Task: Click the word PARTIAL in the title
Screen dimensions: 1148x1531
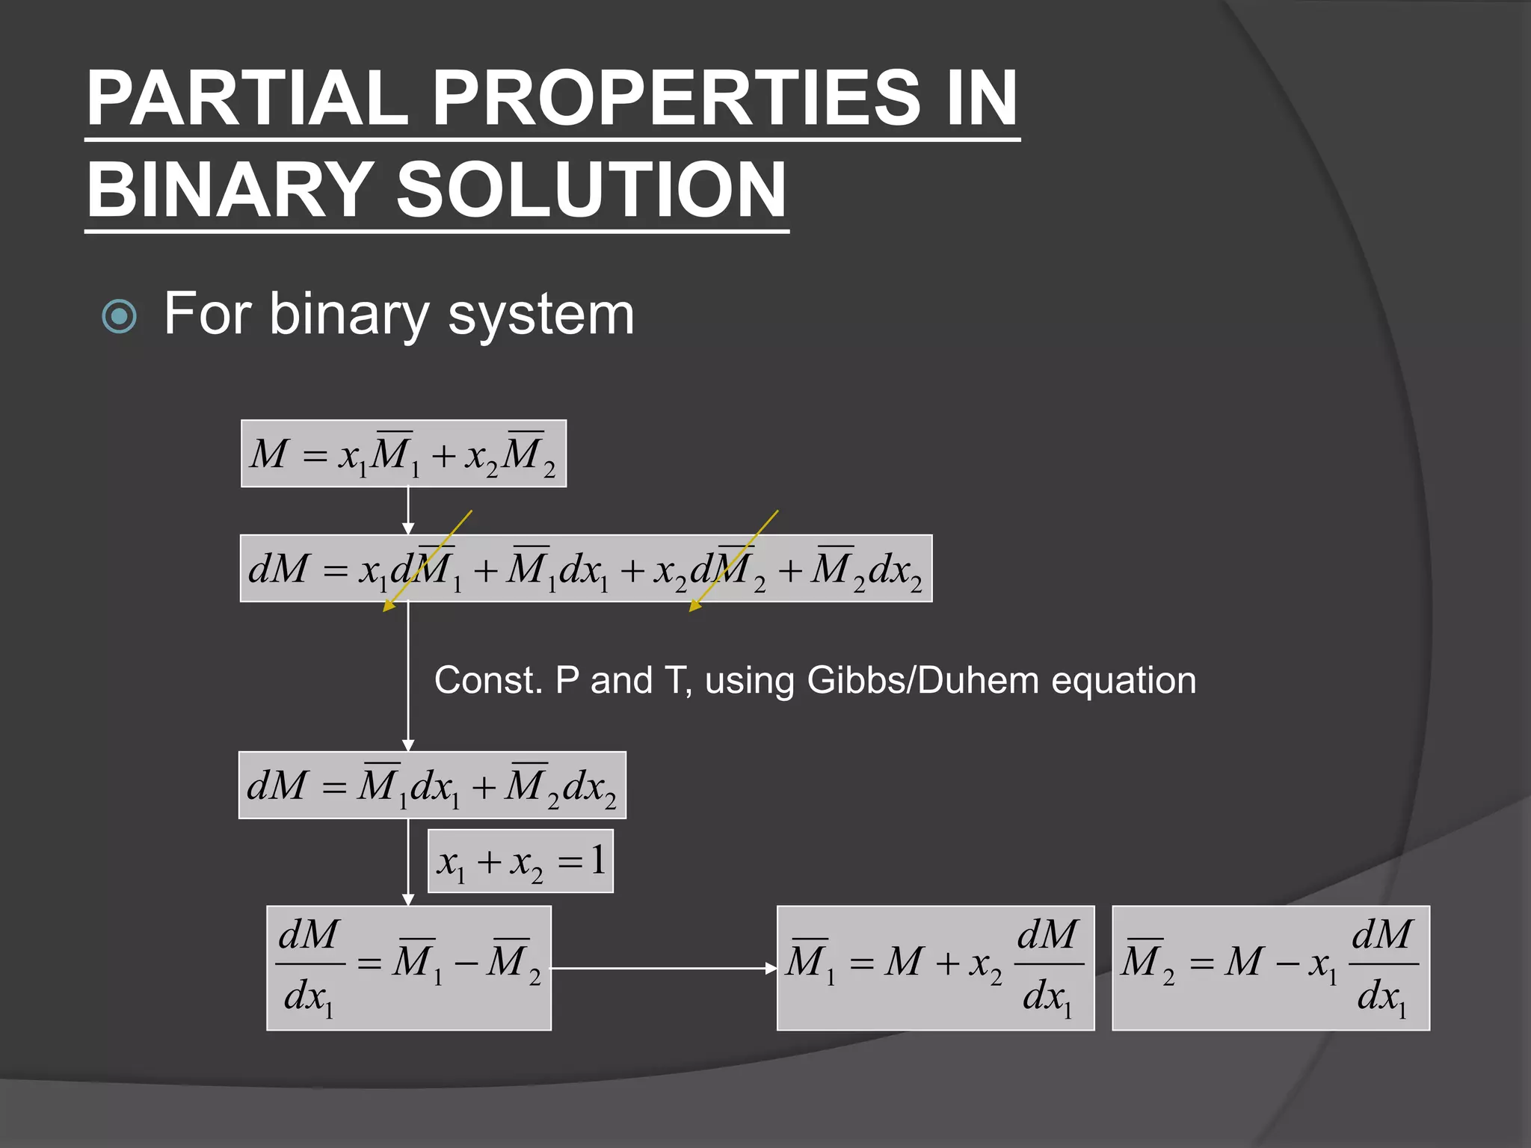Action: pyautogui.click(x=247, y=98)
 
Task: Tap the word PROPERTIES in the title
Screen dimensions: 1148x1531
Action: pyautogui.click(x=677, y=98)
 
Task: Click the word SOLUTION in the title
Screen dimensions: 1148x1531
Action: pyautogui.click(x=591, y=190)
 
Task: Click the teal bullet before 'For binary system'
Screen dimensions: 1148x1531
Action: pyautogui.click(x=119, y=316)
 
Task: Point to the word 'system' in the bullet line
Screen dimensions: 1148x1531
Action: pyautogui.click(x=540, y=315)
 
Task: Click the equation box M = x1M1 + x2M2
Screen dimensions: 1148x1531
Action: pyautogui.click(x=403, y=454)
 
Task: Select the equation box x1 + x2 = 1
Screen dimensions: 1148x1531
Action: pyautogui.click(x=520, y=861)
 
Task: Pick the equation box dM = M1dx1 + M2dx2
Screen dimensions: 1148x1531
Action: pyautogui.click(x=432, y=786)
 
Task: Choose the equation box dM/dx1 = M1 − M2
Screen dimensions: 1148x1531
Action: pyautogui.click(x=409, y=968)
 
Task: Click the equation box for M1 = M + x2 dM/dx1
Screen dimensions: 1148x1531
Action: pyautogui.click(x=935, y=968)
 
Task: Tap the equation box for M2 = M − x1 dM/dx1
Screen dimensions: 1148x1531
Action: pyautogui.click(x=1271, y=968)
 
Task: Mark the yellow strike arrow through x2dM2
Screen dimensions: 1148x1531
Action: pyautogui.click(x=733, y=561)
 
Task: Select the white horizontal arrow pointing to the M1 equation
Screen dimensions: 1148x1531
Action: pyautogui.click(x=664, y=969)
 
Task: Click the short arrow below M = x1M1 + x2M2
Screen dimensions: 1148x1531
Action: pyautogui.click(x=408, y=510)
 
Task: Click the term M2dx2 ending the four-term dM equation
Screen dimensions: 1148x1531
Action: pyautogui.click(x=868, y=570)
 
